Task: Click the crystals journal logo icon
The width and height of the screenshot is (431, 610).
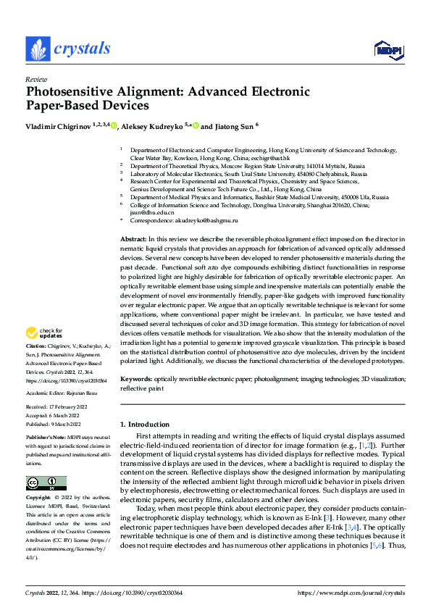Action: [x=38, y=49]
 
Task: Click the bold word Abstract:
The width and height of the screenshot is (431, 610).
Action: [x=133, y=238]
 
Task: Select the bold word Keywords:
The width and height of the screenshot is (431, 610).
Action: [x=137, y=379]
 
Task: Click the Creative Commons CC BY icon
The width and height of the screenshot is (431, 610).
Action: [x=46, y=483]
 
